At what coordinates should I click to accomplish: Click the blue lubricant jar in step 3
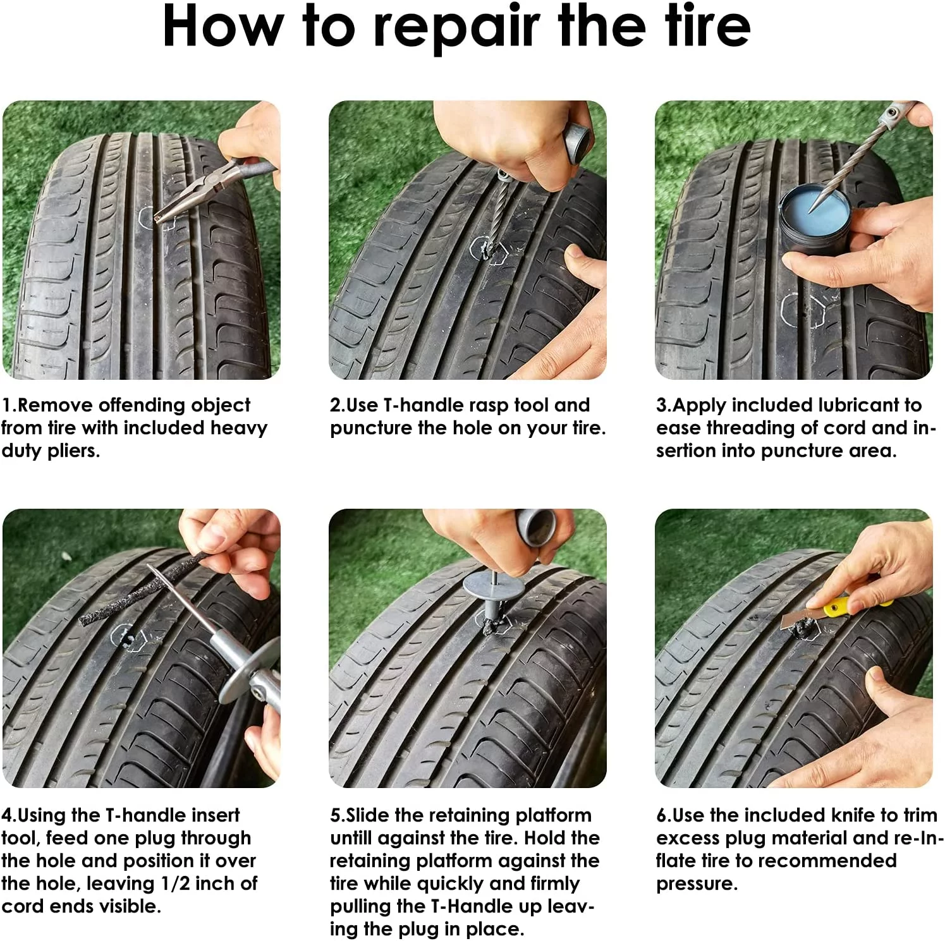point(811,218)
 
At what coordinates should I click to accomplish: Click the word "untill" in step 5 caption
point(359,837)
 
